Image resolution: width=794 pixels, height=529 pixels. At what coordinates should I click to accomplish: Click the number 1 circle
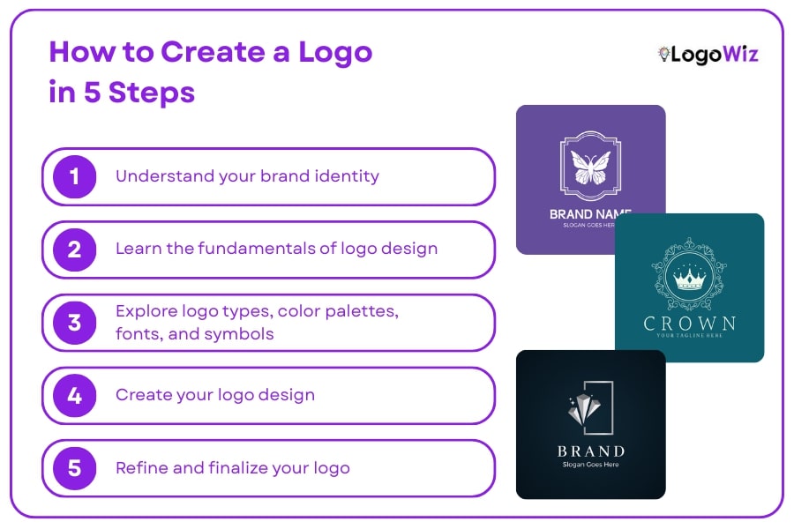[74, 176]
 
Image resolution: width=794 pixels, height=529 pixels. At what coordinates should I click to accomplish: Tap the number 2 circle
[74, 250]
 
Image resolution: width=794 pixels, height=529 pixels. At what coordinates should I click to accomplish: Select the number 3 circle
[74, 323]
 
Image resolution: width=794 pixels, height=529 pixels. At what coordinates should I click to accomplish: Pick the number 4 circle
[74, 396]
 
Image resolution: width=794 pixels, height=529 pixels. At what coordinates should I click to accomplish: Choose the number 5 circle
[74, 468]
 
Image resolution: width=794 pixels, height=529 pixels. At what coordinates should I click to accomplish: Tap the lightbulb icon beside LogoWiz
[663, 55]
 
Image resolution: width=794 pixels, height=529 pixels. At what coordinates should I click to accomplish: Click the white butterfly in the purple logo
[591, 166]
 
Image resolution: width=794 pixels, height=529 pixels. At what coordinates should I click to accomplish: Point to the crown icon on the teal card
[690, 279]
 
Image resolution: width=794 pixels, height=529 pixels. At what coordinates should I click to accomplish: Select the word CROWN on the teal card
[690, 323]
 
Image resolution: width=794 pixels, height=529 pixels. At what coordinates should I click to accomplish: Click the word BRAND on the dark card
[591, 451]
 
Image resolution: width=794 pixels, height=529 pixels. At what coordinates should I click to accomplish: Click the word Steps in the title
[152, 93]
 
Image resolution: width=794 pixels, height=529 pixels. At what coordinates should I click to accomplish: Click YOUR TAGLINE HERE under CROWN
[690, 336]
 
